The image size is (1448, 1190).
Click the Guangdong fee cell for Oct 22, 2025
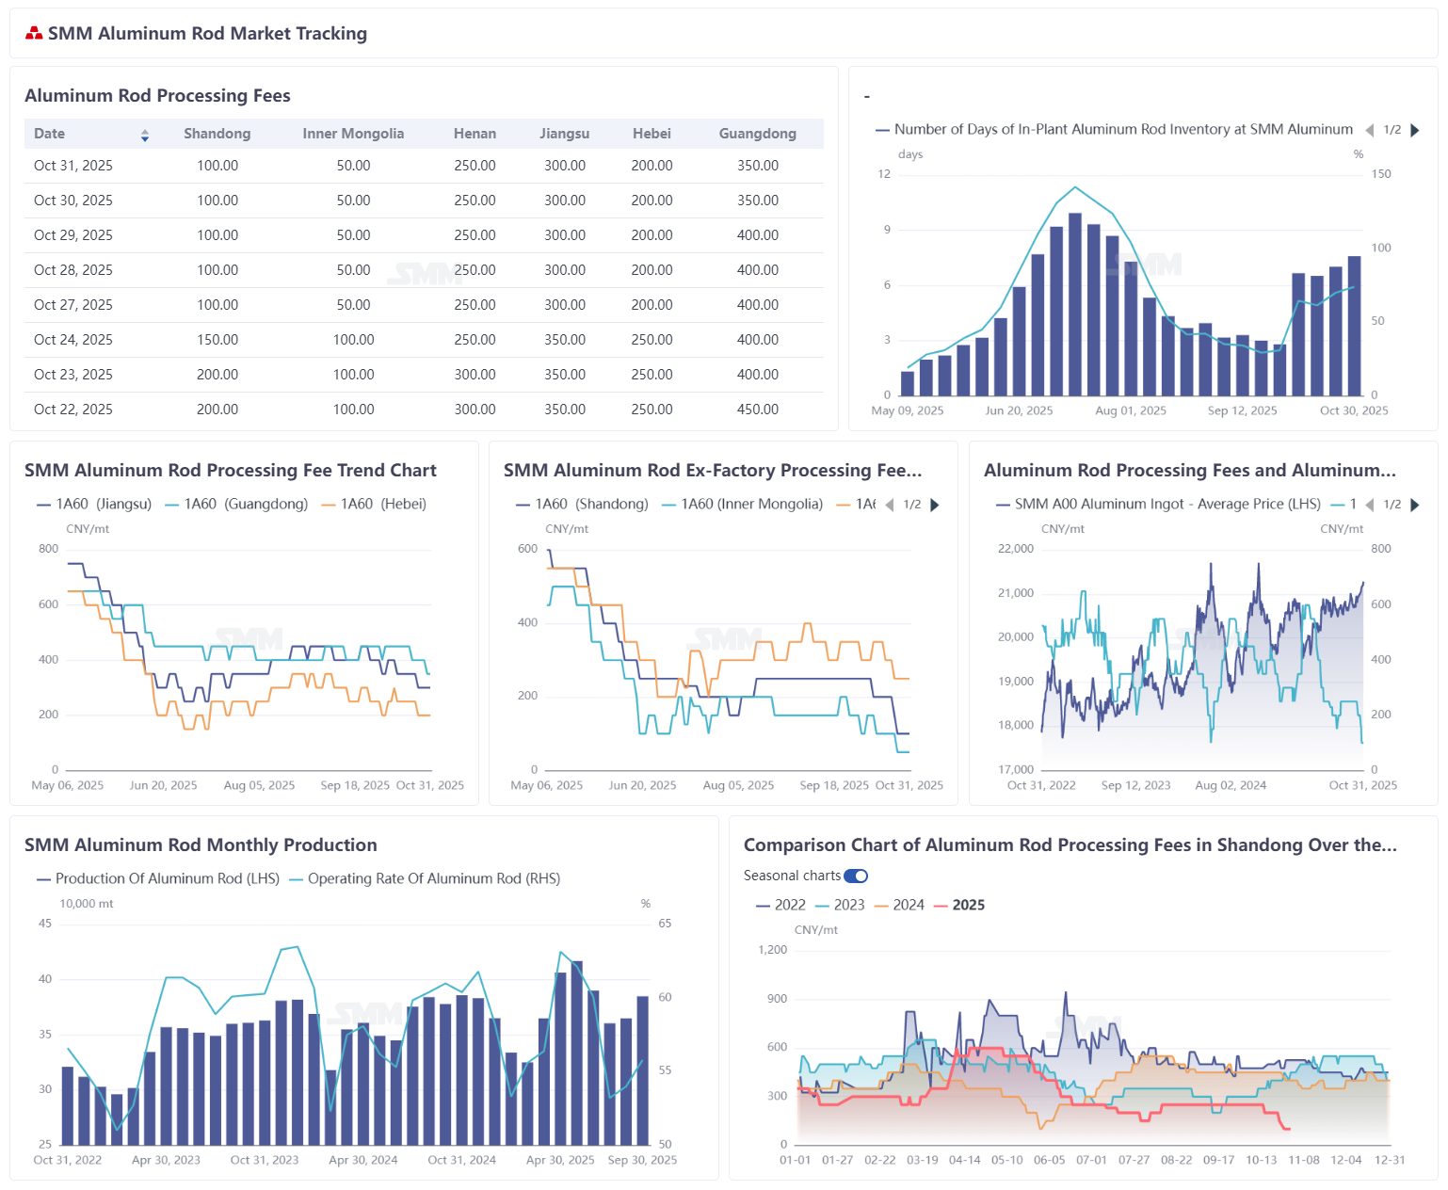757,410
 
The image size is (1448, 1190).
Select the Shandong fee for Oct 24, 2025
217,340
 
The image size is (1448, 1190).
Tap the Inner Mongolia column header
353,134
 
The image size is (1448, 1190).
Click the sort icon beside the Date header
145,136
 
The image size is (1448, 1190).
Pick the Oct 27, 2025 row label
73,305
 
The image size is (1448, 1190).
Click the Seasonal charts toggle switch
856,876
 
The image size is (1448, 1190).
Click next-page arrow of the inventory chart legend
1414,131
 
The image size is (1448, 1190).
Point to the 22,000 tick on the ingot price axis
1015,549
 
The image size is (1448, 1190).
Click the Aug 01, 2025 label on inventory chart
1130,411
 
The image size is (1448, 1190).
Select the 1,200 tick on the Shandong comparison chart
772,950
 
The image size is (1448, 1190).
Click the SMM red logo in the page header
34,34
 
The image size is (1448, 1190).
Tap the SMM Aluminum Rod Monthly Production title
201,845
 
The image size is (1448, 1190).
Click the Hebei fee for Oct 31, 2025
652,166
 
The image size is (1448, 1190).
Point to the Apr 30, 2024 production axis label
362,1161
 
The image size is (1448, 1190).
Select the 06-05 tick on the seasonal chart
1049,1161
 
